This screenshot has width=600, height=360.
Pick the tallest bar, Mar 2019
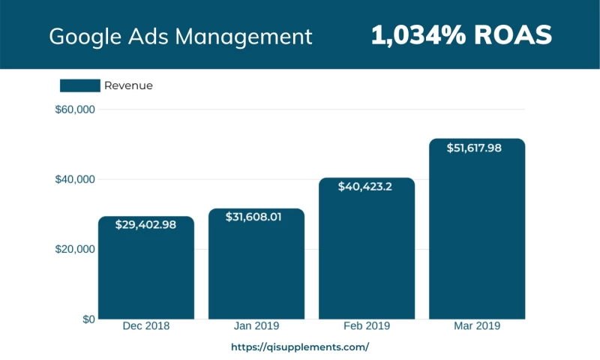click(477, 240)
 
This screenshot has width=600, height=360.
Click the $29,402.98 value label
click(146, 224)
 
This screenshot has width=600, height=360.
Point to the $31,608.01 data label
click(256, 216)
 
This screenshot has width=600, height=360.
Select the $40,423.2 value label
click(367, 185)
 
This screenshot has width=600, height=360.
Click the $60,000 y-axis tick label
click(75, 109)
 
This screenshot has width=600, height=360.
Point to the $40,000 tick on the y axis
click(75, 179)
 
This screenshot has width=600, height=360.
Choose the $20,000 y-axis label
click(75, 249)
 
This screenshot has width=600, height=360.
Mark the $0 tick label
click(88, 319)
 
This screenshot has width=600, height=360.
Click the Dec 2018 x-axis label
click(146, 326)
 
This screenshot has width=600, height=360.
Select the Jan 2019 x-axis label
click(256, 326)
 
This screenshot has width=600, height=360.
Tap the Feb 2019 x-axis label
click(367, 326)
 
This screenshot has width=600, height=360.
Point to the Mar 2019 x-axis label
click(477, 326)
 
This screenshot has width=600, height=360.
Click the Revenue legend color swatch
click(79, 85)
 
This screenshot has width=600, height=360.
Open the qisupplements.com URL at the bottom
click(300, 347)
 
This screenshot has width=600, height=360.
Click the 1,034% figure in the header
click(416, 34)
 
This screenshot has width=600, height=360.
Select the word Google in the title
click(81, 36)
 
